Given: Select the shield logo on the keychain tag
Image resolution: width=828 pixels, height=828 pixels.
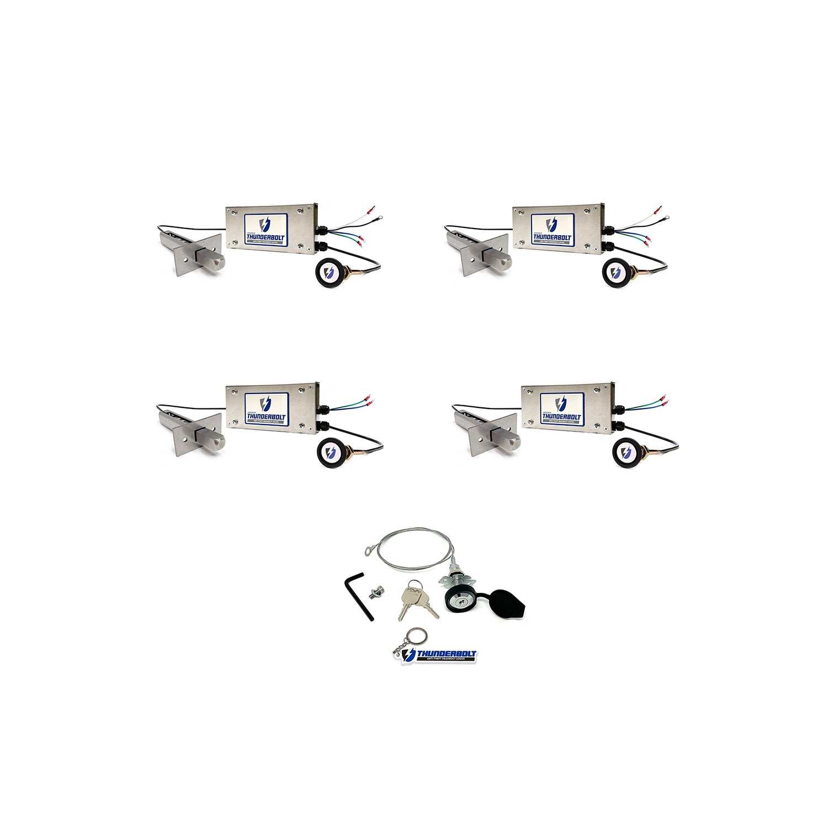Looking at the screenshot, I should pyautogui.click(x=409, y=655).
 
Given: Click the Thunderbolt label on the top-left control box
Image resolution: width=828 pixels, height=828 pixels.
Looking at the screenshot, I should pyautogui.click(x=266, y=229).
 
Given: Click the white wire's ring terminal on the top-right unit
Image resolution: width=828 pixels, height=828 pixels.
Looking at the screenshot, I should pyautogui.click(x=667, y=218).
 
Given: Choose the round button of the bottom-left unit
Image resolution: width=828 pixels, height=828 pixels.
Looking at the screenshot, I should pyautogui.click(x=330, y=452).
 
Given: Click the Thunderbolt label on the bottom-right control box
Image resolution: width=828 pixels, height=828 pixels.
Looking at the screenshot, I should pyautogui.click(x=561, y=408).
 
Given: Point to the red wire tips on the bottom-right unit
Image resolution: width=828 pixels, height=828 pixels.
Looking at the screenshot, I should pyautogui.click(x=665, y=399).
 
